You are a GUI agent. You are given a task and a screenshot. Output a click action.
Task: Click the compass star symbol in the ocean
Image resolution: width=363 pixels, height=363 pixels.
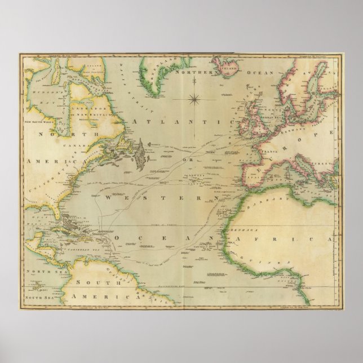click(x=195, y=99)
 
